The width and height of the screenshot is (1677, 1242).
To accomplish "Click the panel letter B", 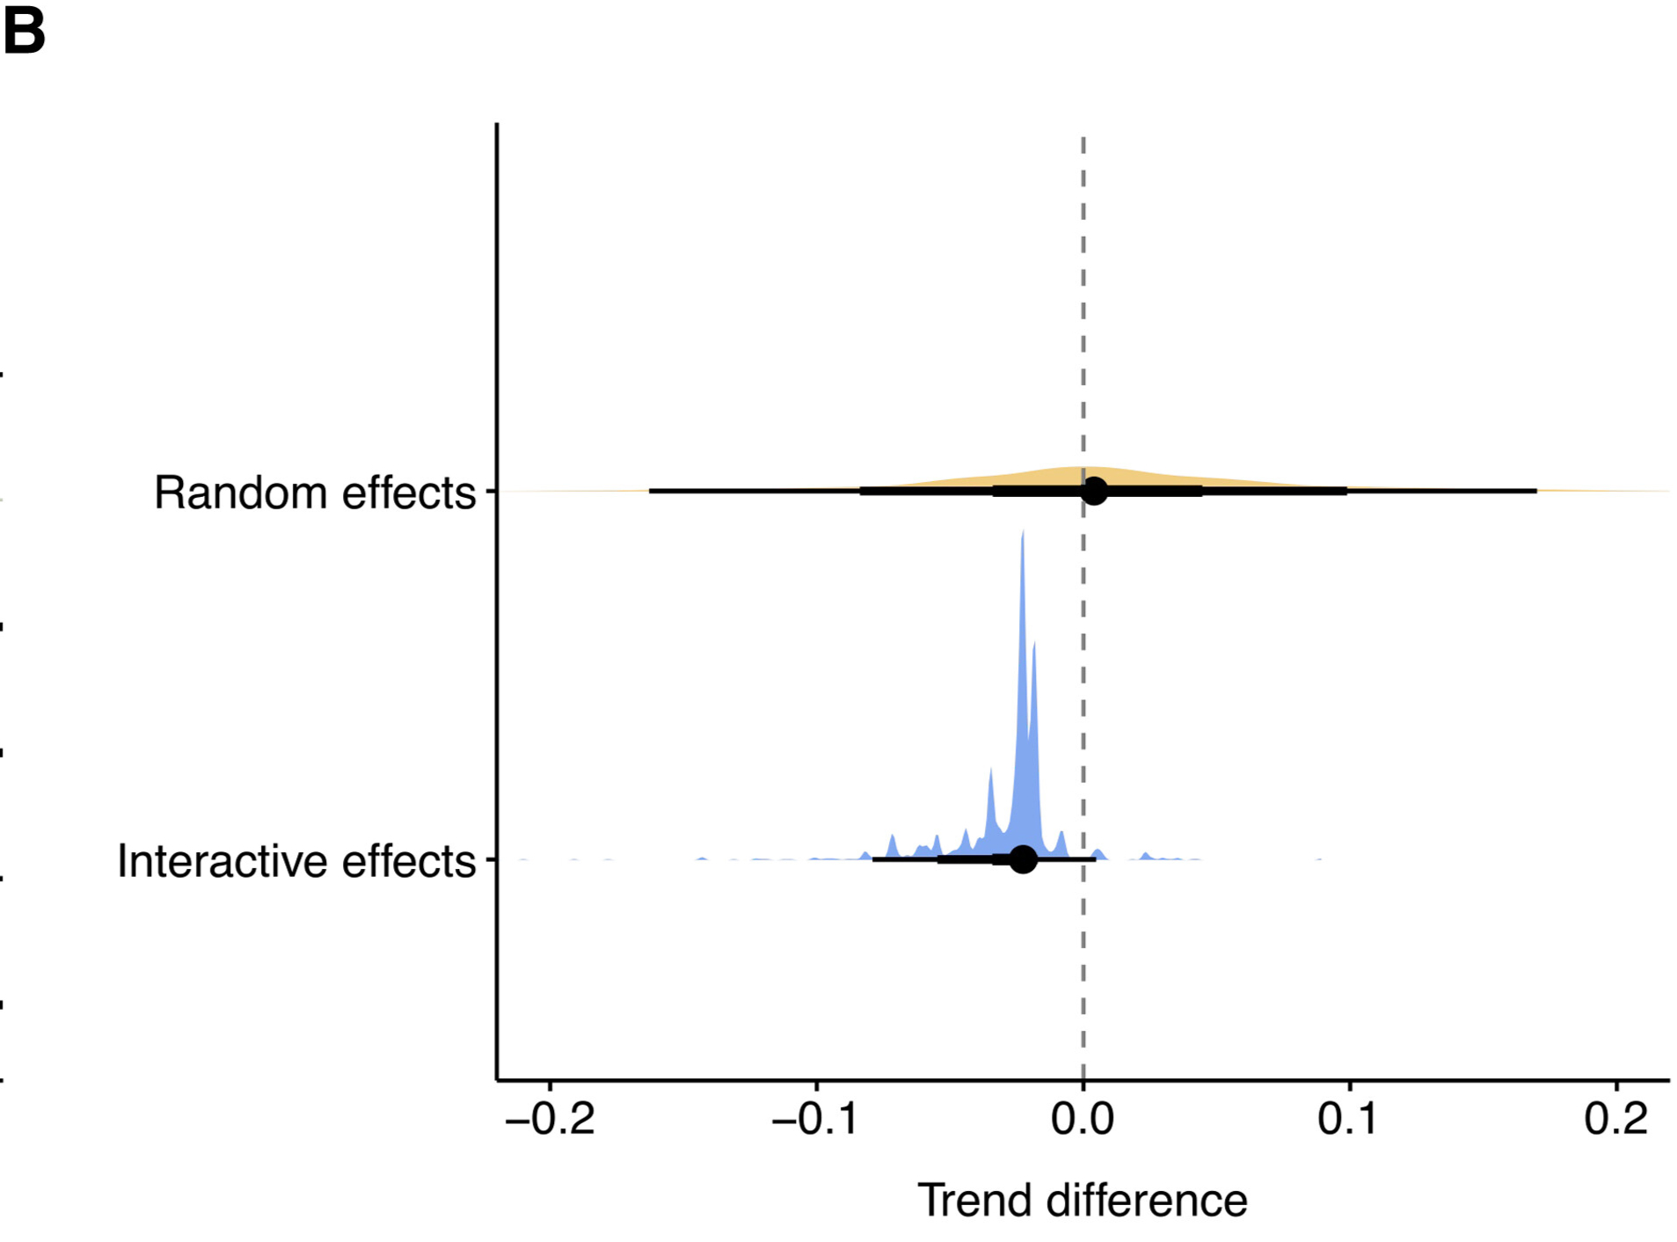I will tap(25, 32).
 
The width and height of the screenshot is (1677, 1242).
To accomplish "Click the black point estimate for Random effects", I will tap(1093, 491).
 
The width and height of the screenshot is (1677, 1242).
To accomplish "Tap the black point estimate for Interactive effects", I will tap(1023, 858).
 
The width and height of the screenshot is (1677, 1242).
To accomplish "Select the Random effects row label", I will tap(314, 493).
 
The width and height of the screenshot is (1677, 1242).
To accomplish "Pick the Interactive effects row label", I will tap(295, 861).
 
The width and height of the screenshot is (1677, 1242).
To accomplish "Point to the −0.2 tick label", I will tap(550, 1120).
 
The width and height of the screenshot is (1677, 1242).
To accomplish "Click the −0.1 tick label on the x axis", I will tap(815, 1120).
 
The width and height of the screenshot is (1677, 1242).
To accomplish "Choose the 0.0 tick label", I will tap(1083, 1120).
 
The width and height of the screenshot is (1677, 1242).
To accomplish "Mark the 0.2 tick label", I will tap(1616, 1120).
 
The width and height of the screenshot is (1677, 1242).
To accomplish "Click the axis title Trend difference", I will tap(1082, 1202).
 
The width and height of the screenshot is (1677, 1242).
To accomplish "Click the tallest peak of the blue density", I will tap(1023, 533).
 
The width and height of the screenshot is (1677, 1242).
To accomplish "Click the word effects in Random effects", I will tap(409, 493).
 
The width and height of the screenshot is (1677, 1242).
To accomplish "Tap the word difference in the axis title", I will tap(1147, 1202).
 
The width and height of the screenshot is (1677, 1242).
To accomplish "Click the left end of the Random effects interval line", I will tap(651, 491).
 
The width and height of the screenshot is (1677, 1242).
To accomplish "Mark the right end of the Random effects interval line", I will tap(1535, 491).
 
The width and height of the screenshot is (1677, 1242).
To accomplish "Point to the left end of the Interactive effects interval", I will tap(873, 858).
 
